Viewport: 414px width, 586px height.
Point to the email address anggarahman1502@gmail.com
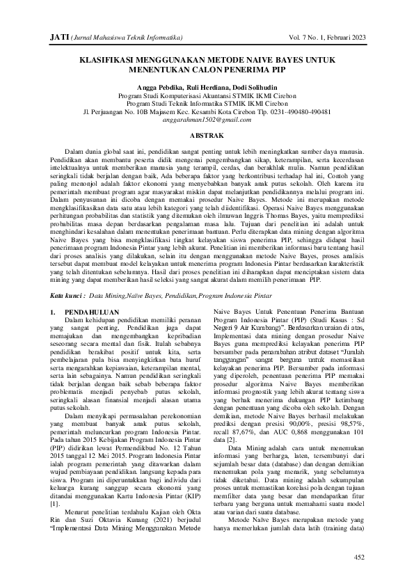[207, 119]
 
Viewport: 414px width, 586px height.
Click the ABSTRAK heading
[207, 134]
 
